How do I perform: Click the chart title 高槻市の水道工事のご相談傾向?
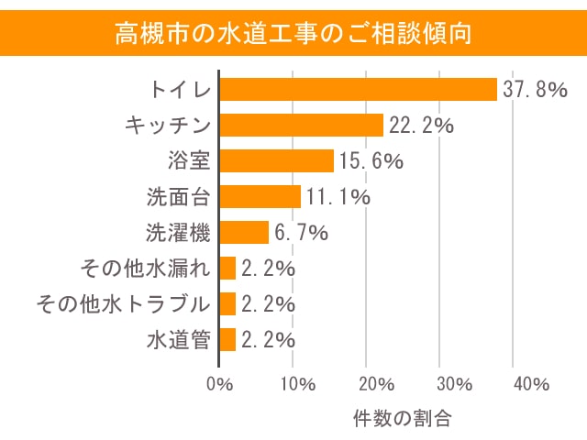pos(293,34)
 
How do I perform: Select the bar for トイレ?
pos(359,89)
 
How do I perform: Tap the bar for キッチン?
pos(302,125)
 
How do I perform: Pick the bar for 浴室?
pos(277,160)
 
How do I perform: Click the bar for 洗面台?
pos(260,196)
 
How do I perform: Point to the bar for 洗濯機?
pos(245,232)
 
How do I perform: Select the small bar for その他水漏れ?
pos(228,268)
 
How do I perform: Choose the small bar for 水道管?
pos(228,339)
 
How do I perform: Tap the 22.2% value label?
pos(421,126)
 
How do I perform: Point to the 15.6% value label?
pos(371,161)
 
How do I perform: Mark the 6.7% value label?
pos(301,233)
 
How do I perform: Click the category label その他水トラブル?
pos(123,303)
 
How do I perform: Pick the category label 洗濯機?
pos(179,232)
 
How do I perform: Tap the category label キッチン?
pos(168,125)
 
